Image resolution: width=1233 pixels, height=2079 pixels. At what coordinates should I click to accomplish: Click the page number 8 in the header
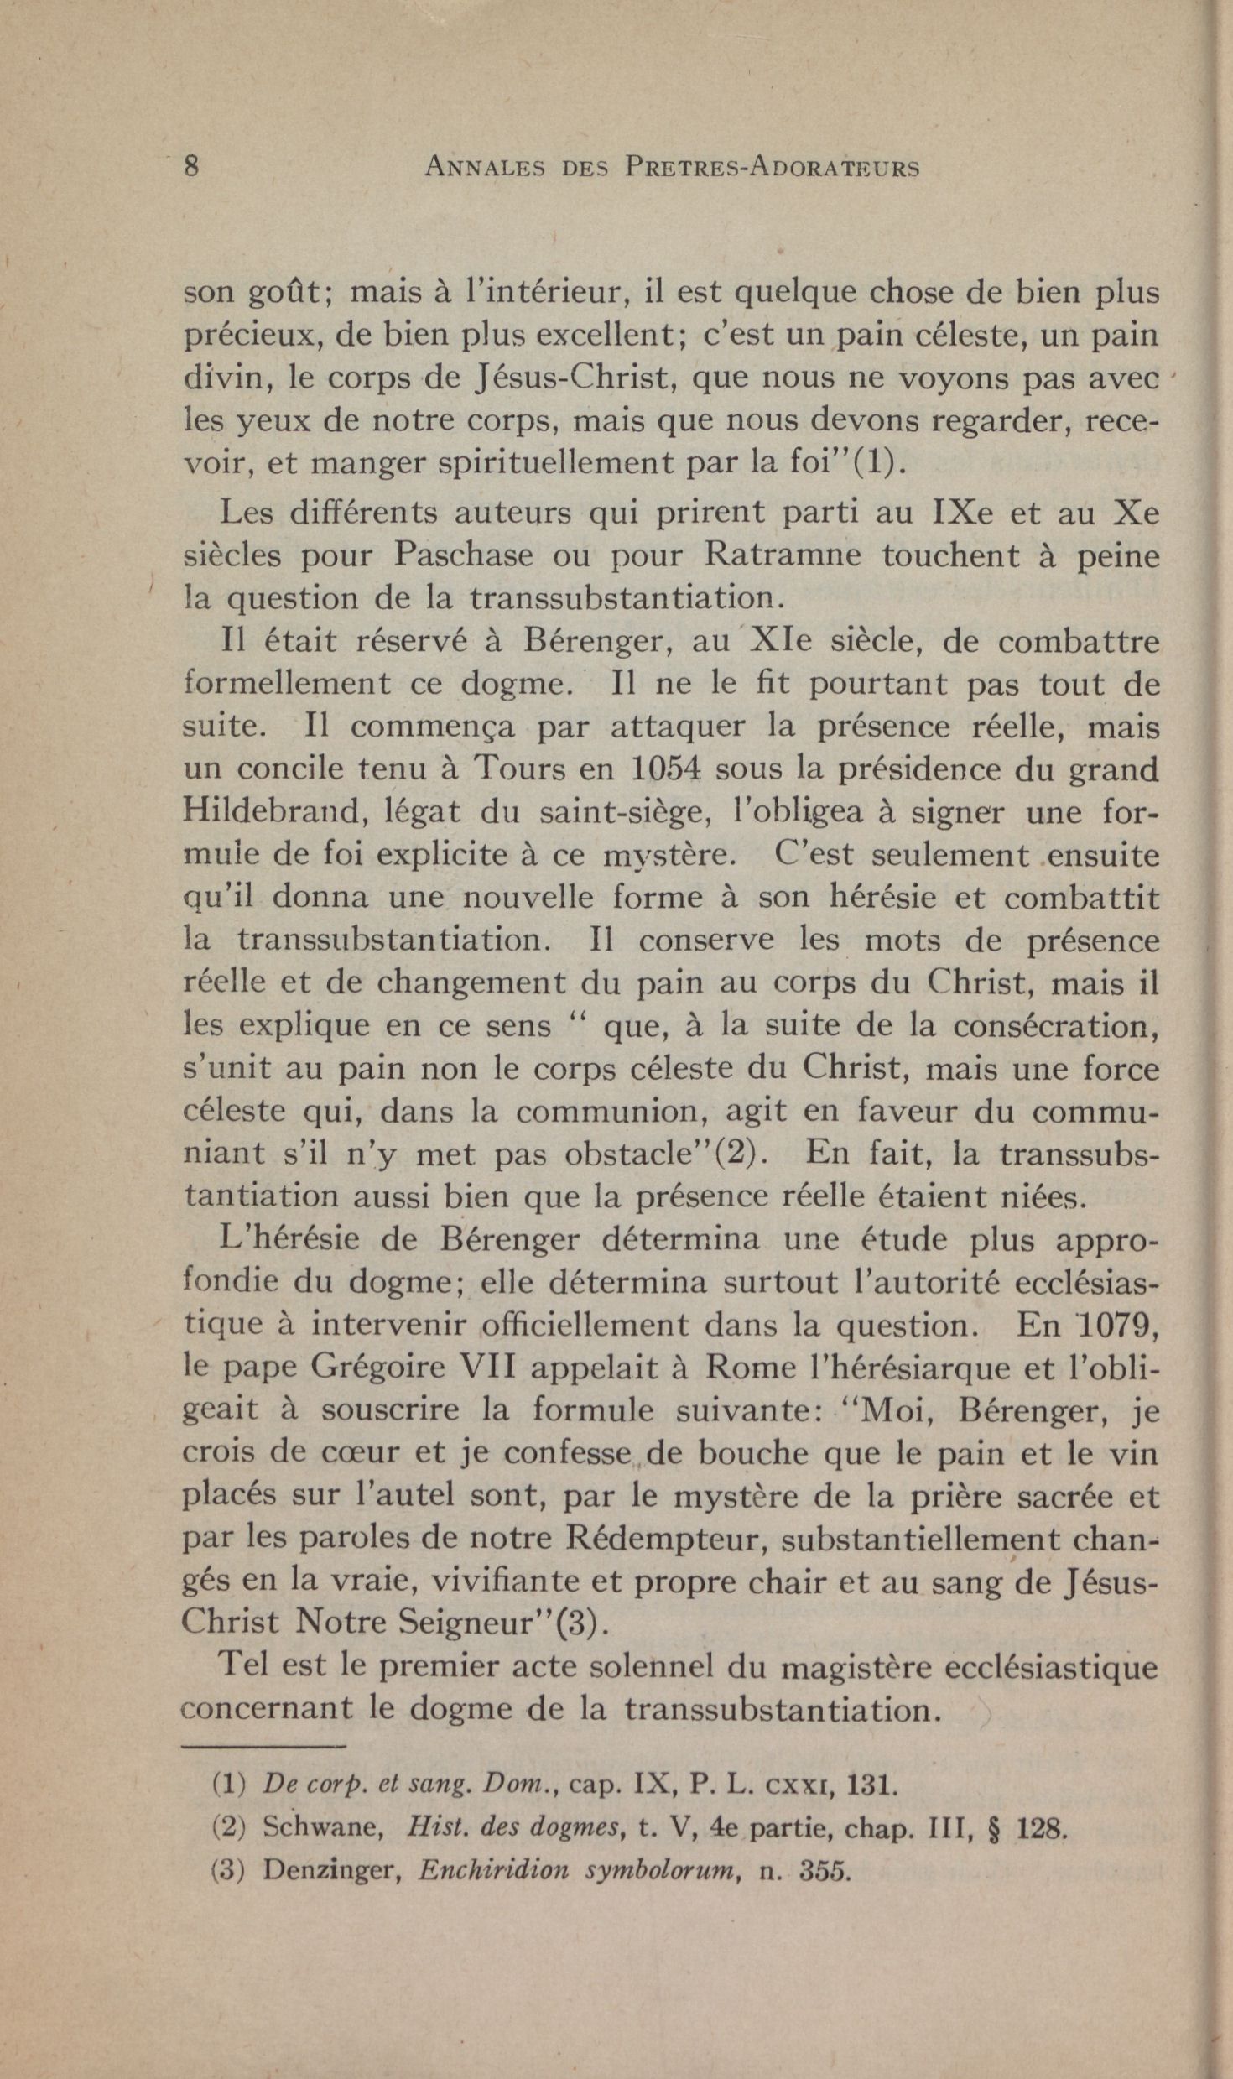[191, 165]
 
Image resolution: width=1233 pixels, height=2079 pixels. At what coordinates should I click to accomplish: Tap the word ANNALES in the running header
[484, 167]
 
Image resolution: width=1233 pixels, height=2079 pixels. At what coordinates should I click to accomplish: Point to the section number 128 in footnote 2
[1040, 1827]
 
